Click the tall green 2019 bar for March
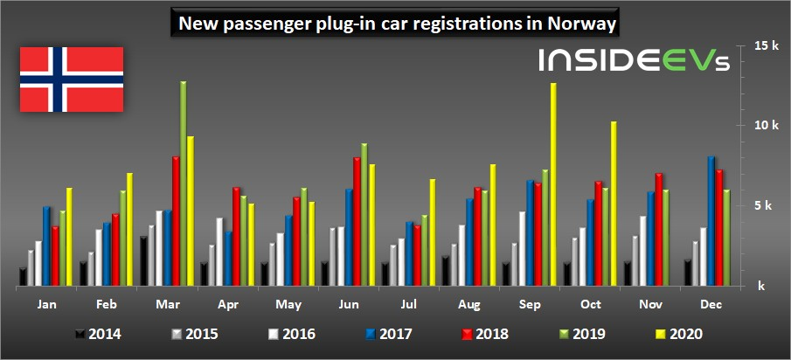[184, 183]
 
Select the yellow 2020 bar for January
[70, 237]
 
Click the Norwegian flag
[72, 80]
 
